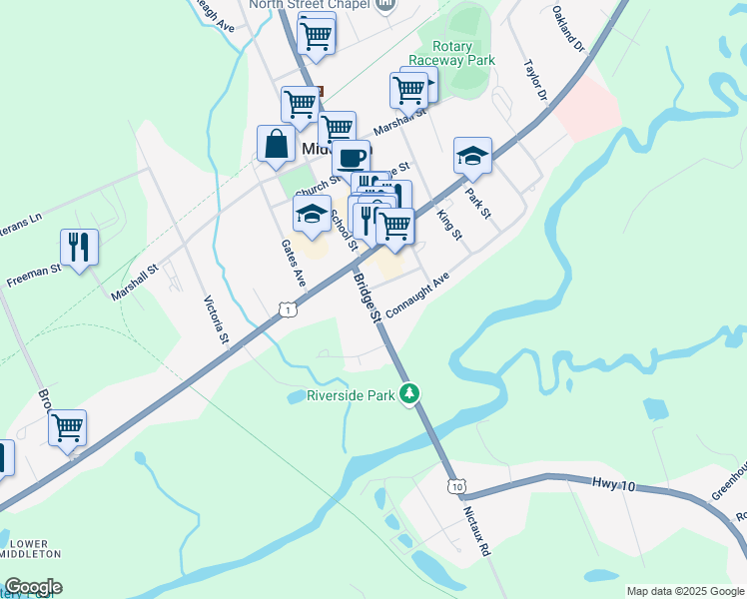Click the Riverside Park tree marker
pos(408,394)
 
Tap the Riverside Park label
pos(351,395)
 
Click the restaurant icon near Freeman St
pos(79,246)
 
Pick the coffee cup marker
pos(351,157)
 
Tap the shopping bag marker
pos(276,143)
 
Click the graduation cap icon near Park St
pos(472,154)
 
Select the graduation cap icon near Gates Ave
pos(312,212)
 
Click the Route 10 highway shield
pos(456,486)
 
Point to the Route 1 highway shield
pos(287,311)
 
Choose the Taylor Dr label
pos(535,79)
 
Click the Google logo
pos(33,587)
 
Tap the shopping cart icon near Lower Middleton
pos(67,427)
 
